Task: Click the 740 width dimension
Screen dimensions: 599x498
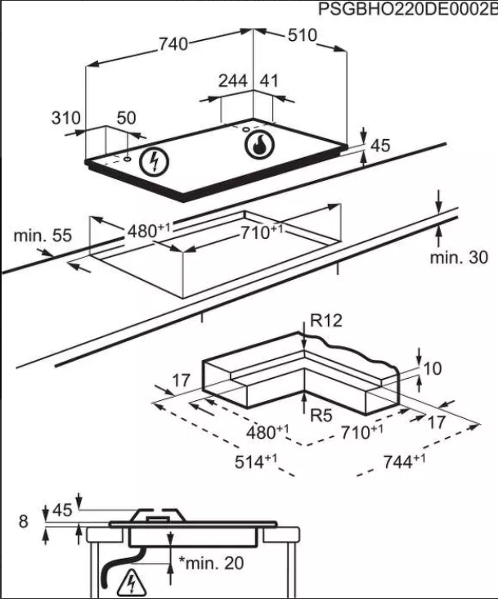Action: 173,45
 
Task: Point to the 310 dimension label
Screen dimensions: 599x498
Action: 66,118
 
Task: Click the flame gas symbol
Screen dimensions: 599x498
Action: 258,146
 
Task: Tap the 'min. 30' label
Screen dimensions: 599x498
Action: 459,258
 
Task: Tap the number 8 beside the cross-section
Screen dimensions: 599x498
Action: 22,520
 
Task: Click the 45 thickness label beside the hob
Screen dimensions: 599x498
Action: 380,146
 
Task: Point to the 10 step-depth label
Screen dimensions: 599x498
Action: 432,369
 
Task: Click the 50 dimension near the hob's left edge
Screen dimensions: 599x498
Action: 126,118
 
